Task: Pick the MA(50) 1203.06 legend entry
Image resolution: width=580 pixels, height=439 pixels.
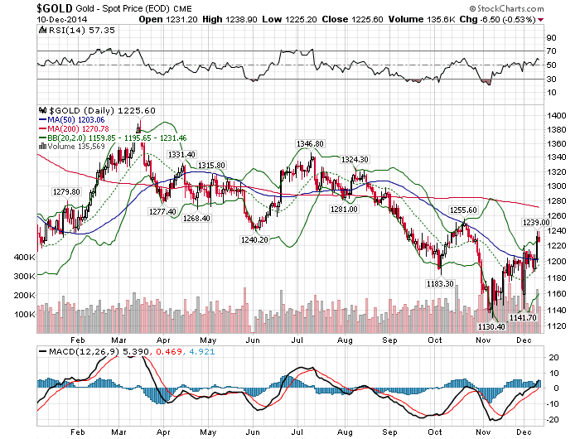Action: [80, 119]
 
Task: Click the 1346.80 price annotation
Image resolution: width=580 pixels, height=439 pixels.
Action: [312, 143]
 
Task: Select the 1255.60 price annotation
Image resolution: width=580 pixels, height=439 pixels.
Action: [462, 211]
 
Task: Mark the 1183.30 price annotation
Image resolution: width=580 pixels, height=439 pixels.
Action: [438, 283]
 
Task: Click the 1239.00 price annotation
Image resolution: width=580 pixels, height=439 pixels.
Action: [535, 223]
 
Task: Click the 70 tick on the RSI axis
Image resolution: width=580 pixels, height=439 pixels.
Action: [550, 51]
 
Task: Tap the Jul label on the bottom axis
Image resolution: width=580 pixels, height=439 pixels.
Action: [298, 340]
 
